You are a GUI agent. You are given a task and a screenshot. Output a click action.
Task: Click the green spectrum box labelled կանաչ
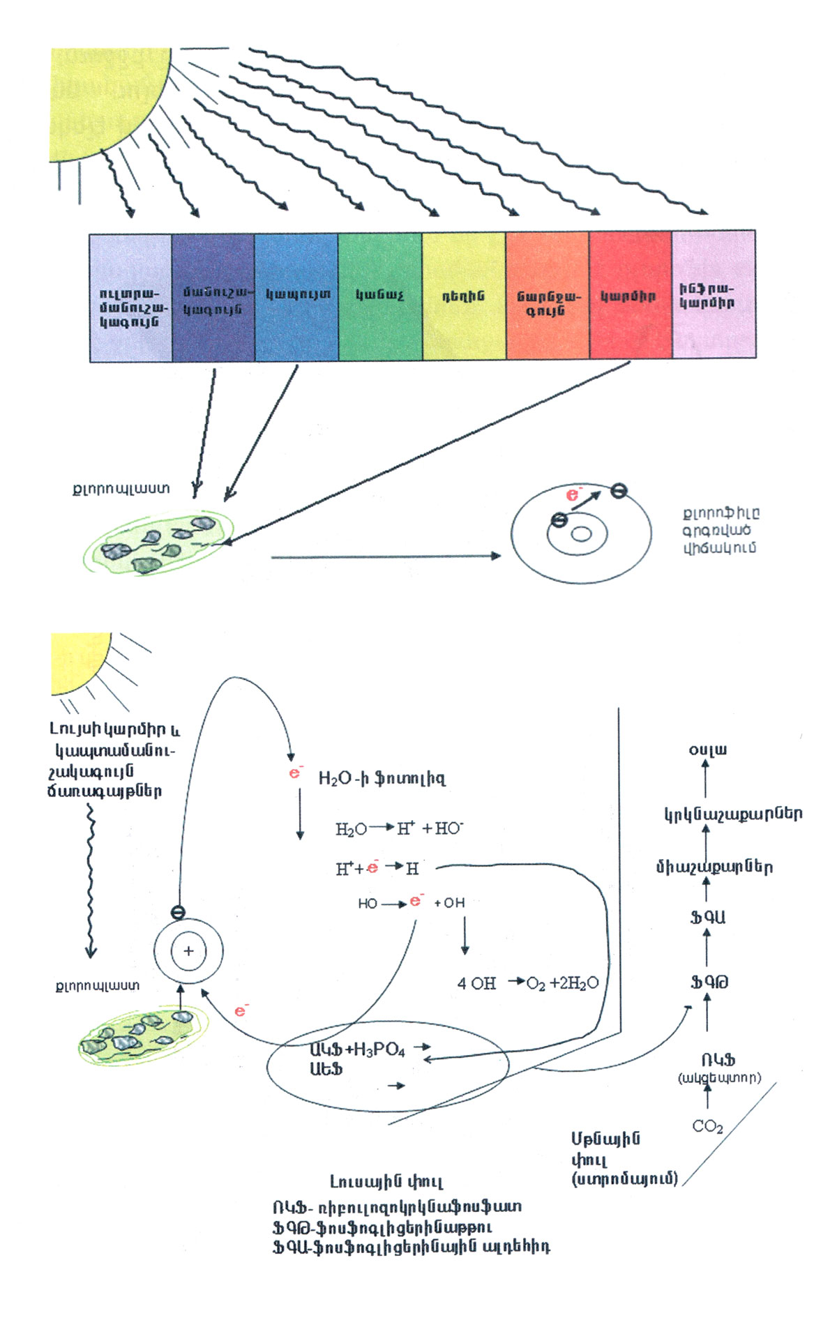[x=380, y=296]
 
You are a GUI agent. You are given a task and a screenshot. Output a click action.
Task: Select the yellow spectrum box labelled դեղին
[x=464, y=296]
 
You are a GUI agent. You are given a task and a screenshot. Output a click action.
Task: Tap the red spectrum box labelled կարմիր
[x=630, y=296]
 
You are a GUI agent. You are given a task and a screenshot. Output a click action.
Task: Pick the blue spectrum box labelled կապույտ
[x=296, y=296]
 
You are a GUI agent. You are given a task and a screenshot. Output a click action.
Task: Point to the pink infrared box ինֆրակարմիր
[x=713, y=295]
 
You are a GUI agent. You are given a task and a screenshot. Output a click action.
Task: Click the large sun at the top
[x=105, y=98]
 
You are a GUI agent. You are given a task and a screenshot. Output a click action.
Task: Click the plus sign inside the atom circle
[x=188, y=951]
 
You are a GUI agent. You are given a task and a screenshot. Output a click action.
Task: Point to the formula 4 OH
[x=476, y=983]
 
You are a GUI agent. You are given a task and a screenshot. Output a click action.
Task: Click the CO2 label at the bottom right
[x=707, y=1126]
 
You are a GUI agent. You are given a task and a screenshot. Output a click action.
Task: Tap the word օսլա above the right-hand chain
[x=707, y=750]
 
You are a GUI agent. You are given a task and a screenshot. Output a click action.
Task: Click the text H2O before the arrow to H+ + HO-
[x=351, y=829]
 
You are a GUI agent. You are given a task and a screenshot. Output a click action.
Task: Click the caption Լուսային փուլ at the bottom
[x=386, y=1181]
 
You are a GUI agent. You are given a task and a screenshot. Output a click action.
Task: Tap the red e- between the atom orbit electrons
[x=573, y=494]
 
